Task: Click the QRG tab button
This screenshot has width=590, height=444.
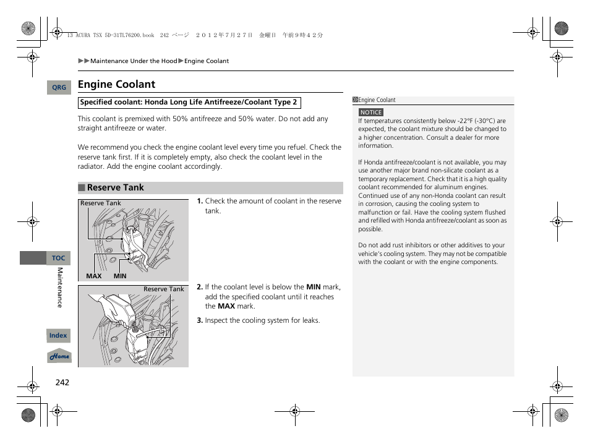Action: (59, 88)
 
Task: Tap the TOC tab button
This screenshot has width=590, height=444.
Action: (58, 258)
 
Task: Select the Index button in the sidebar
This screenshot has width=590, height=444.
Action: (58, 336)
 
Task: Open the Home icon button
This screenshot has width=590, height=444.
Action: (59, 356)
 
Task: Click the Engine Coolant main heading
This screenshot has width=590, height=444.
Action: (116, 84)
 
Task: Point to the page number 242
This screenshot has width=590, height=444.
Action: (62, 382)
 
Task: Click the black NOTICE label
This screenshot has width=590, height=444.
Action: (371, 113)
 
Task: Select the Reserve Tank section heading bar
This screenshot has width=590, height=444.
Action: (210, 187)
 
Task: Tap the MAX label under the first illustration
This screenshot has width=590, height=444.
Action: (94, 276)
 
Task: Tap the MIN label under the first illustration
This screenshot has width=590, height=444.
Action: (120, 276)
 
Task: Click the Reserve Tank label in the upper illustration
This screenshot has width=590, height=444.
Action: (101, 203)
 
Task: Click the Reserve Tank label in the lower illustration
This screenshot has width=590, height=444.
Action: (164, 289)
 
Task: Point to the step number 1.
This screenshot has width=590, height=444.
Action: (200, 201)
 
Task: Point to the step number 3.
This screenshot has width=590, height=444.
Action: (200, 320)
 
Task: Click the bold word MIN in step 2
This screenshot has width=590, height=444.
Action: (313, 287)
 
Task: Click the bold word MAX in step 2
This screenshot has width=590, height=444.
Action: (226, 306)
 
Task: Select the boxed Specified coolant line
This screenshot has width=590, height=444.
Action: (189, 103)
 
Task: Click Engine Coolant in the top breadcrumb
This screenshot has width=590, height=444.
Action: (207, 61)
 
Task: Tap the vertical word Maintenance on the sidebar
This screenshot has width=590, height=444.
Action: (60, 288)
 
